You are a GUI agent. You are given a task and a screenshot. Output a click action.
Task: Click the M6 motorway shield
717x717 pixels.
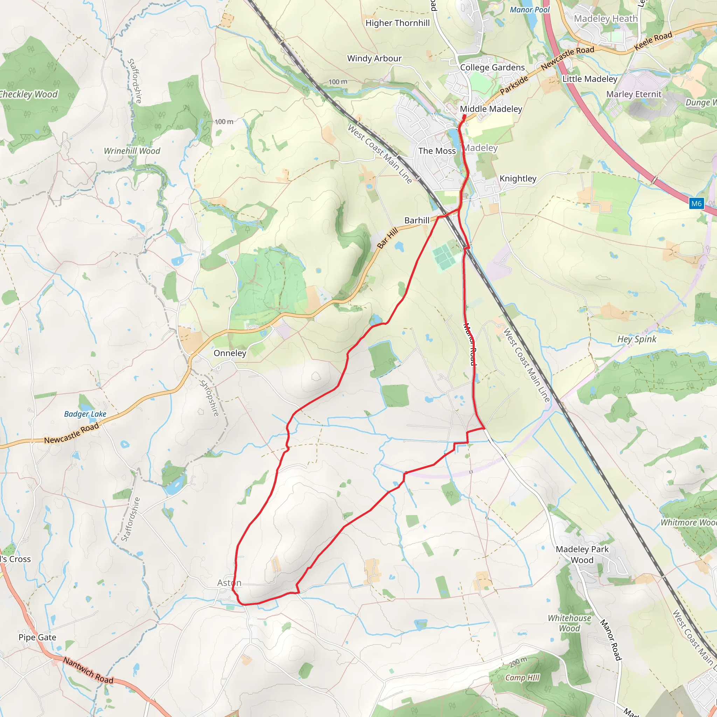696,203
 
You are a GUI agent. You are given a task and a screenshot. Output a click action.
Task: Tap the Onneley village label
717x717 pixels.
230,353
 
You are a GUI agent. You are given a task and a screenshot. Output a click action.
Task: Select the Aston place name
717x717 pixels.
229,583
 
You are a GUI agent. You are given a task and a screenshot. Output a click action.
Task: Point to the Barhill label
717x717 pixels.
417,221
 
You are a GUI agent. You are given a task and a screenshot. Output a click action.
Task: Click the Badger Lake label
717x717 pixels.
85,414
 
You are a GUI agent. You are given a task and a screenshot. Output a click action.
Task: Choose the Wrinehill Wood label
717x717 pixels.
132,151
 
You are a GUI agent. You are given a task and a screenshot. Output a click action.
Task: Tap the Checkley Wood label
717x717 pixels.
29,94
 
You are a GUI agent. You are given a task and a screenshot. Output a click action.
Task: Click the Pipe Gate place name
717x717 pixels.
37,637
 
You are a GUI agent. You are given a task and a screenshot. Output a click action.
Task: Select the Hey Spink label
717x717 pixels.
637,339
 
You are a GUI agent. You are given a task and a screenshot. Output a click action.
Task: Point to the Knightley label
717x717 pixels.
518,179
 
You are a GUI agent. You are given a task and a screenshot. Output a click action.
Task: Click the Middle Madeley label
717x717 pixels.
490,109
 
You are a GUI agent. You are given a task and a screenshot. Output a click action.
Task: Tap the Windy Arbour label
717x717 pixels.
374,58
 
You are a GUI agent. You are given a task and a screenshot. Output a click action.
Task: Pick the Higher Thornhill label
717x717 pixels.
397,23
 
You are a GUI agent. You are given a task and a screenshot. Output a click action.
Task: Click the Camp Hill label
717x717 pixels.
522,678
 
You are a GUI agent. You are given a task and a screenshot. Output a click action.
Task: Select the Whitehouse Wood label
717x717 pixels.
569,623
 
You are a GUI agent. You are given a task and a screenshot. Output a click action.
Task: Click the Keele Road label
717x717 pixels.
653,41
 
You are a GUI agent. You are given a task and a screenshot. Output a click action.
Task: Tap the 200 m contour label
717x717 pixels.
518,662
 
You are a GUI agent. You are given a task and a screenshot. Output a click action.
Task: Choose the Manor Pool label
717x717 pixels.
530,10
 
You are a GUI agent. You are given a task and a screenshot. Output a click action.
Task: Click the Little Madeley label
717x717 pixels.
590,79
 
